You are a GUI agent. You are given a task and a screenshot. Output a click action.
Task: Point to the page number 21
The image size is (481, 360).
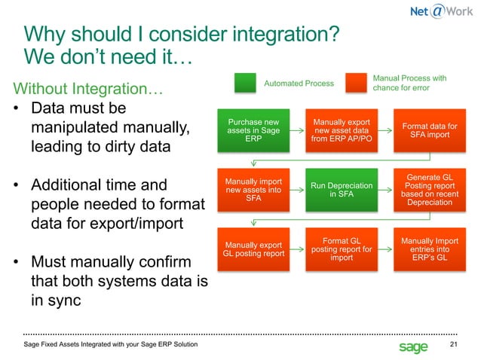pos(453,345)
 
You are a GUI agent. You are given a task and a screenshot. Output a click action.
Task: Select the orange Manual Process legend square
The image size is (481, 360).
pos(357,83)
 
